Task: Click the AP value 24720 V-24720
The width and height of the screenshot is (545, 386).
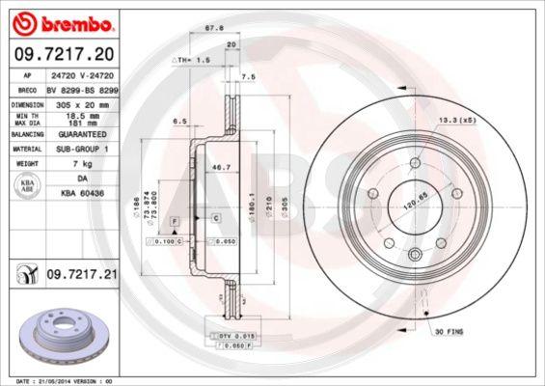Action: tap(83, 73)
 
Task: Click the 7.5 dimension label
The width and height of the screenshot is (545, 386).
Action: tap(247, 75)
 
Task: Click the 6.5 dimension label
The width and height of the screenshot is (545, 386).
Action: tap(178, 123)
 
